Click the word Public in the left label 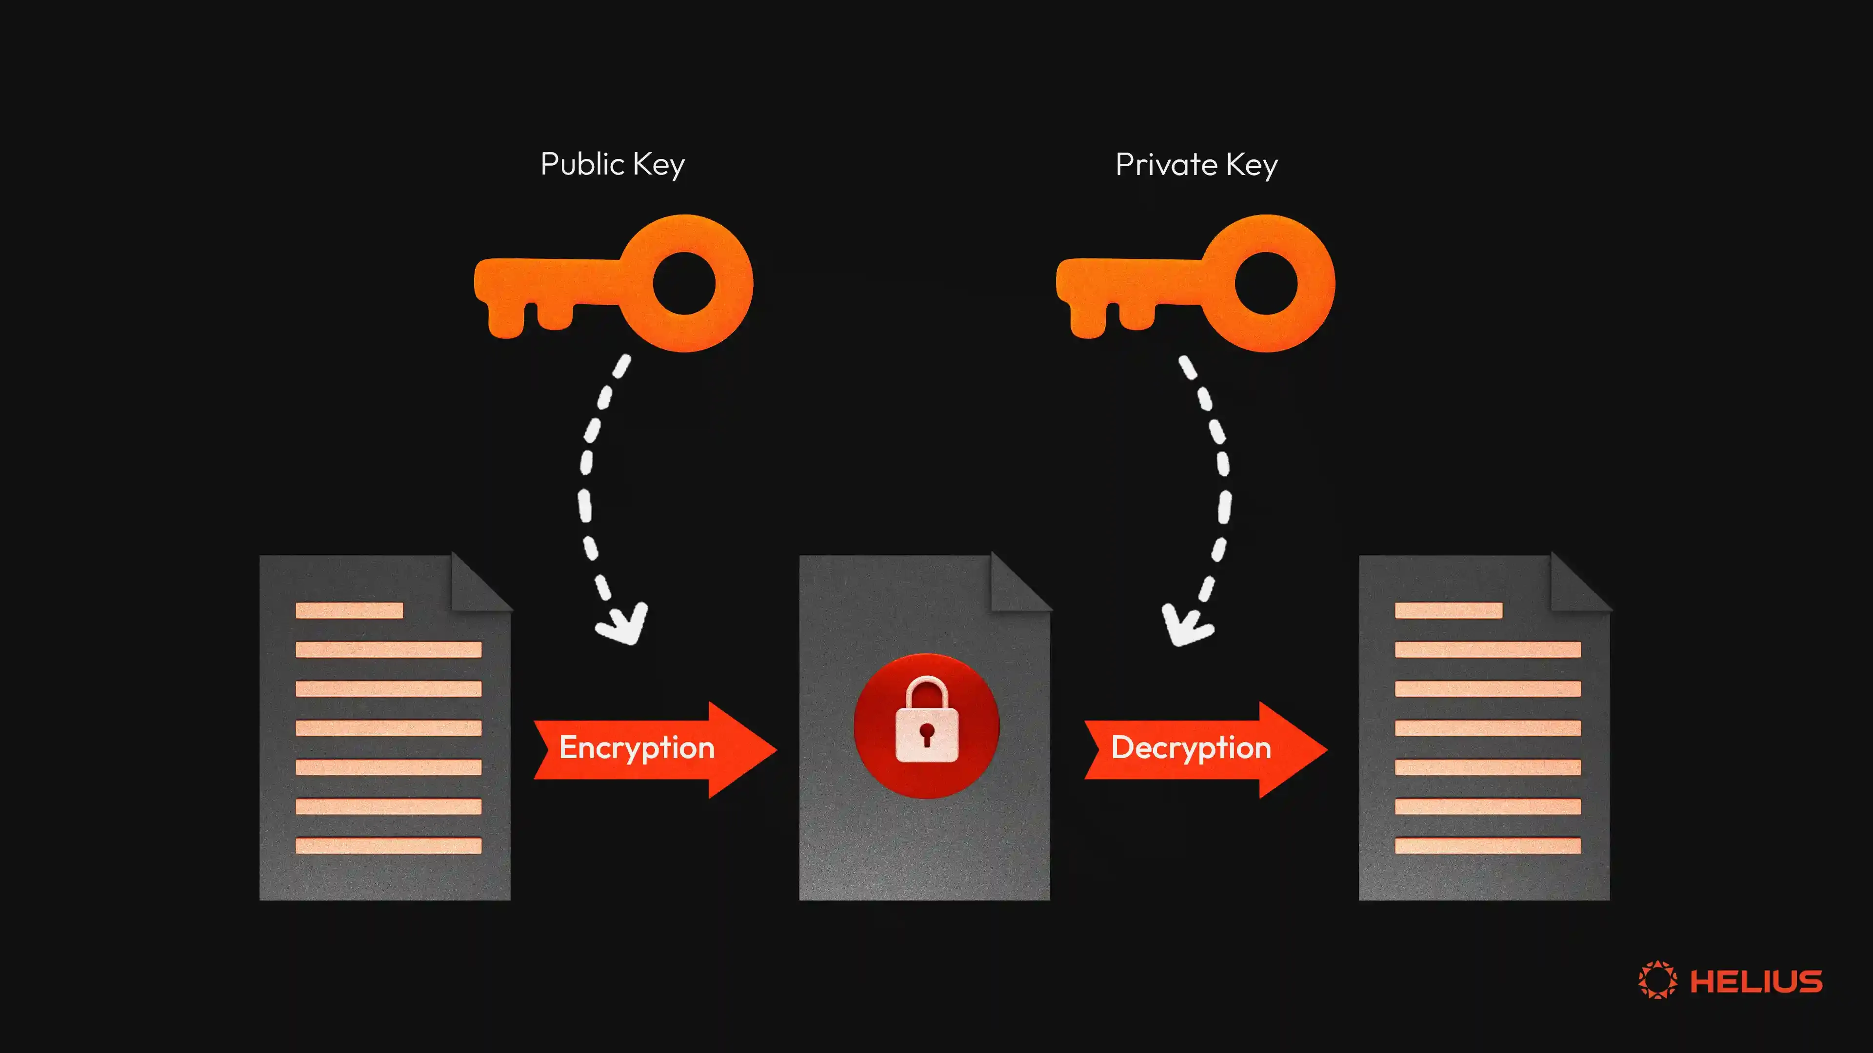point(582,164)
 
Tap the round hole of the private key point(1266,283)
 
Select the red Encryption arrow point(655,748)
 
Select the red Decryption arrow point(1205,748)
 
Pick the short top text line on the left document point(349,610)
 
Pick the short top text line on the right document point(1448,610)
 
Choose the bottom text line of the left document point(388,845)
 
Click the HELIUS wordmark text point(1756,981)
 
